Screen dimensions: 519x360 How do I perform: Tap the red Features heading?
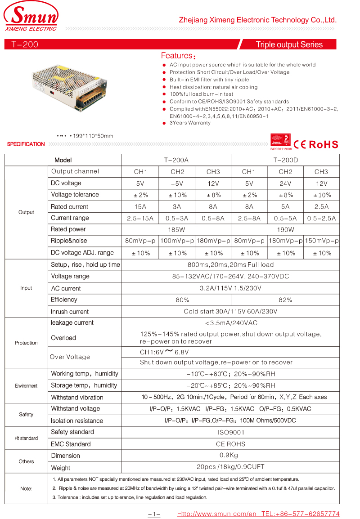click(177, 56)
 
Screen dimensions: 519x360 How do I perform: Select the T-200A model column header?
click(176, 160)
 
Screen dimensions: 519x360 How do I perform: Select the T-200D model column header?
click(285, 160)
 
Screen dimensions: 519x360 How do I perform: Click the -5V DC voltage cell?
click(177, 183)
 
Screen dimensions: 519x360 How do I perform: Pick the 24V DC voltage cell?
click(285, 183)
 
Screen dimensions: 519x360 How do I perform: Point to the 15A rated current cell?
click(140, 207)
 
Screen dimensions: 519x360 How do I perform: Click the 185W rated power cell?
click(176, 229)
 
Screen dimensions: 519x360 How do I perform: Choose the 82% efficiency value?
click(285, 300)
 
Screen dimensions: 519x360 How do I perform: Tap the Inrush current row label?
click(70, 312)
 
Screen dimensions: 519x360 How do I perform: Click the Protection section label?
click(26, 343)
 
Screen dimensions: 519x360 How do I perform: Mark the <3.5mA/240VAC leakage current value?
click(230, 323)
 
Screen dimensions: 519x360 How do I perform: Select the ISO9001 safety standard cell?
click(230, 432)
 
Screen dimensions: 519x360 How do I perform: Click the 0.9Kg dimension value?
click(230, 456)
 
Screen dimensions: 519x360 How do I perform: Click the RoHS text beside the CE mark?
click(323, 144)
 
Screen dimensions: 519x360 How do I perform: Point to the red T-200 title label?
click(25, 45)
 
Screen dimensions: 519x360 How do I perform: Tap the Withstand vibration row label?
click(77, 398)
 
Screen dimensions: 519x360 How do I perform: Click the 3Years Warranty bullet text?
click(190, 123)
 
